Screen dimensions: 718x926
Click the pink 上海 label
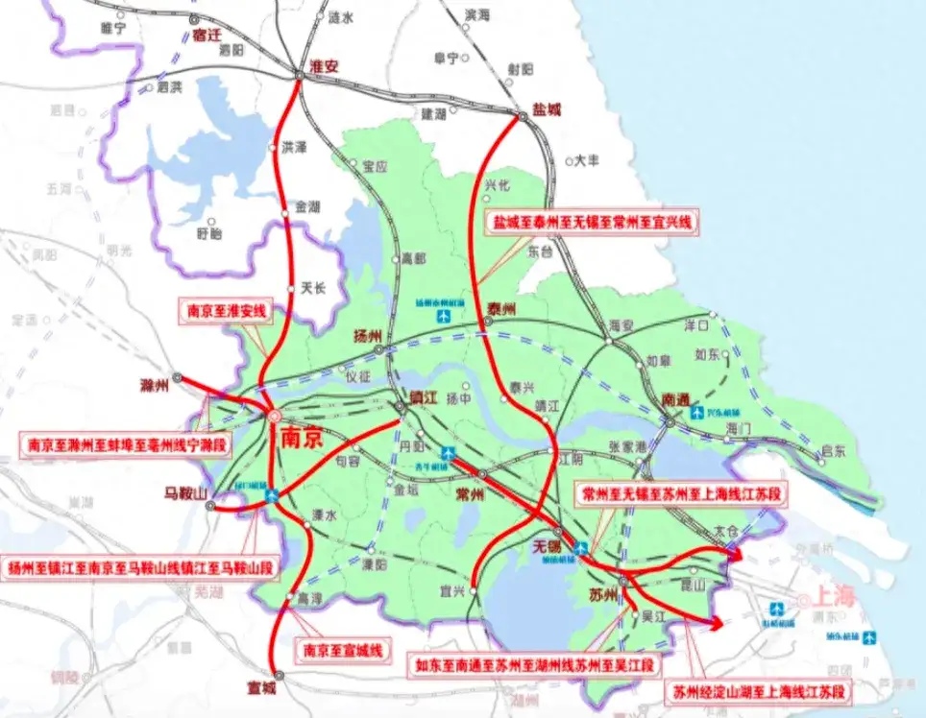(x=834, y=595)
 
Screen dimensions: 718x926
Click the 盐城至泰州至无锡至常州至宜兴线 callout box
(x=592, y=224)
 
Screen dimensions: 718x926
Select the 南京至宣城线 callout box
(x=342, y=650)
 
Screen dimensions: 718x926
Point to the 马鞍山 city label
(x=185, y=493)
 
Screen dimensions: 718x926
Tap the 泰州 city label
(x=502, y=308)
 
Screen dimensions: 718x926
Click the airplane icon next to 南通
(x=697, y=414)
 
